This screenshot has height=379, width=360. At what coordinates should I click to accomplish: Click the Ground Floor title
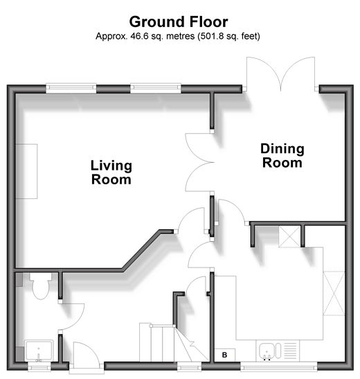click(x=179, y=21)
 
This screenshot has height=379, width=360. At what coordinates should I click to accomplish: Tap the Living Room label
click(x=111, y=173)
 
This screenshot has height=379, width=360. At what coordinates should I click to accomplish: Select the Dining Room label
click(x=282, y=156)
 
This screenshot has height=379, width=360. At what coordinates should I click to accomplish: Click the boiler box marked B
click(x=224, y=355)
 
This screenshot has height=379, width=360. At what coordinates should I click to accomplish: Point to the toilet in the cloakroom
click(x=41, y=285)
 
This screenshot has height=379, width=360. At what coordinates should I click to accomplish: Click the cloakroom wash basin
click(x=39, y=351)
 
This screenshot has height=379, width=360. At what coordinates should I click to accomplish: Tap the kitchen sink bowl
click(x=267, y=351)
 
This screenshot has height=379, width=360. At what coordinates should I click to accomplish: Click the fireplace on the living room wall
click(x=26, y=171)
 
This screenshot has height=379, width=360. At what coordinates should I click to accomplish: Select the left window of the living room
click(x=71, y=88)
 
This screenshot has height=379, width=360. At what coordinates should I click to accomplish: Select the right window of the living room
click(x=156, y=88)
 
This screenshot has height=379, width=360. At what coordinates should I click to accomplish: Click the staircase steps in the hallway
click(x=158, y=342)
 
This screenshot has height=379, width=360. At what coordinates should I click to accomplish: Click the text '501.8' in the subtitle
click(x=210, y=36)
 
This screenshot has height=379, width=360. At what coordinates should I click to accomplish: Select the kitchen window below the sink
click(x=279, y=367)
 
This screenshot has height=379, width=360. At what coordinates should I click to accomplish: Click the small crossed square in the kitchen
click(x=290, y=237)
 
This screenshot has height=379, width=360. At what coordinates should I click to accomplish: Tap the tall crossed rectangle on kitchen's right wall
click(x=334, y=293)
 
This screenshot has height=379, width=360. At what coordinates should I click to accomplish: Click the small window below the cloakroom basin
click(x=39, y=367)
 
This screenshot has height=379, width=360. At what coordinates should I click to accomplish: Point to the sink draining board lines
click(x=290, y=351)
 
